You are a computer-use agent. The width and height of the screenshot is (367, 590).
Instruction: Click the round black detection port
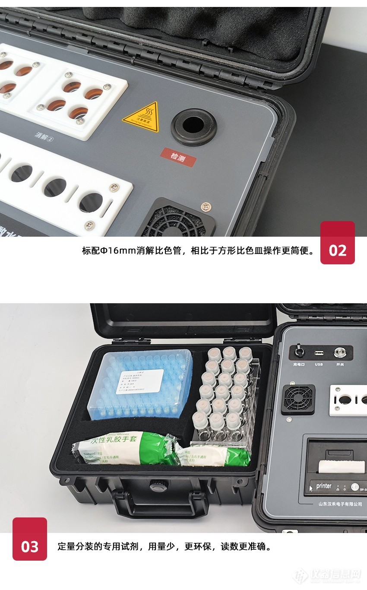(x=193, y=125)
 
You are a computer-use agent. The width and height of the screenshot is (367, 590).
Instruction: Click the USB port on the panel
(x=319, y=353)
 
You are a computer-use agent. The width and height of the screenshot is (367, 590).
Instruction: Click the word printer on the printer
(x=323, y=486)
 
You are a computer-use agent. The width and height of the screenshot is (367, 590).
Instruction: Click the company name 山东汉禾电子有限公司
(x=340, y=504)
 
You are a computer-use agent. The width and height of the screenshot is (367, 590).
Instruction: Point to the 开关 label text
(x=340, y=365)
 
